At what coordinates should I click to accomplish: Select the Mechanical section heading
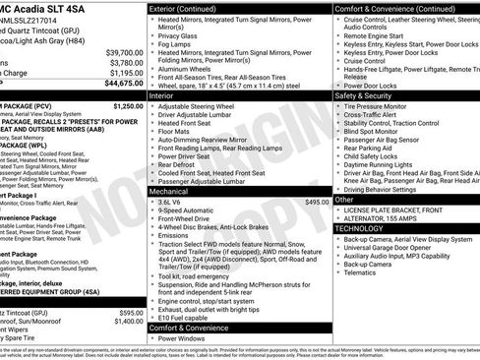tap(169, 164)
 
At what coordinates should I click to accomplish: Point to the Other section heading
tap(345, 199)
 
